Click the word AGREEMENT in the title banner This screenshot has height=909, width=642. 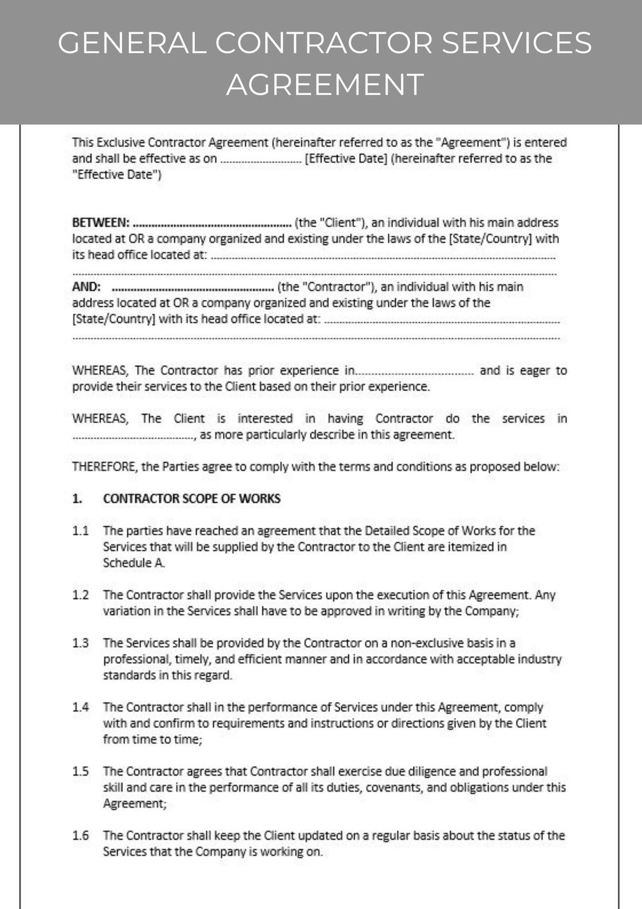[x=325, y=84]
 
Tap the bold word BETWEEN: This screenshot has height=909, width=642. [x=100, y=222]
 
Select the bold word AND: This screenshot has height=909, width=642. [x=86, y=287]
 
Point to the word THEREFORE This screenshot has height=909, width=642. [x=104, y=467]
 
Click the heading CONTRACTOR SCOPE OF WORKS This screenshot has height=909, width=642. [x=191, y=499]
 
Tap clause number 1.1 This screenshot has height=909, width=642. [x=80, y=531]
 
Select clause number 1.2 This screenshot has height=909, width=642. [x=80, y=595]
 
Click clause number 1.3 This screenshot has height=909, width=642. [x=80, y=643]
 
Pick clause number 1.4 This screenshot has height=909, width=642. [x=80, y=707]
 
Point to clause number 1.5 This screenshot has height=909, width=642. [x=80, y=772]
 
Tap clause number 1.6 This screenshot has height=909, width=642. [x=80, y=836]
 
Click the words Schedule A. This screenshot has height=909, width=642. [x=134, y=563]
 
